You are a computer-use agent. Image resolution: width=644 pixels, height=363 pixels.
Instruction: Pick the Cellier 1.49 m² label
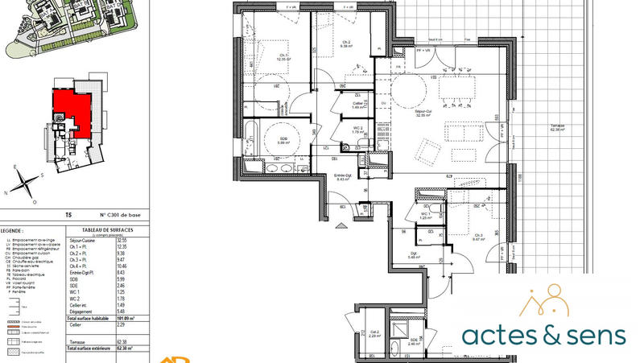[359, 105]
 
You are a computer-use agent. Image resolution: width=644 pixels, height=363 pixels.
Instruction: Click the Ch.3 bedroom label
[477, 236]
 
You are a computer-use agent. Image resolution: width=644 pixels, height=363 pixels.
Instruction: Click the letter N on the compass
[7, 192]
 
